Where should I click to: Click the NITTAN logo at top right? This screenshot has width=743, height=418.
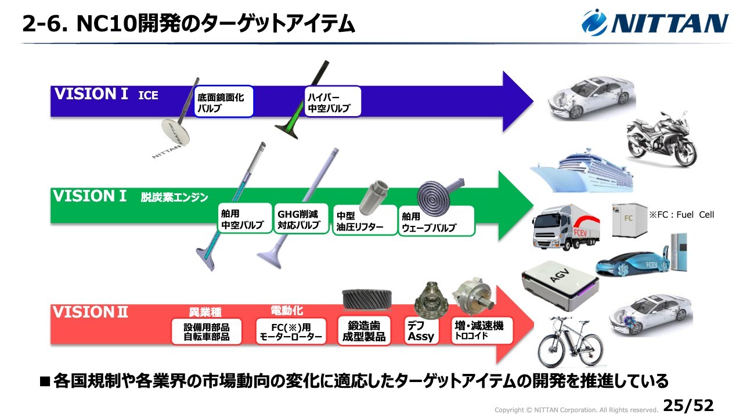point(655,22)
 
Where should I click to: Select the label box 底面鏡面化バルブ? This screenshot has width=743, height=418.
point(223,102)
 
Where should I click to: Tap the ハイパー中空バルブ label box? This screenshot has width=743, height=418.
point(333,102)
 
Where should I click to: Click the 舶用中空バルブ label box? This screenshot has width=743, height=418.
point(245,219)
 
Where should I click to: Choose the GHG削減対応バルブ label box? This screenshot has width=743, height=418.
point(301,219)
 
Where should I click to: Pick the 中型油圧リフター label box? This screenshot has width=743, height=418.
point(365,220)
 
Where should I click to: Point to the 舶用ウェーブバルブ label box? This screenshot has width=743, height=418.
point(437,221)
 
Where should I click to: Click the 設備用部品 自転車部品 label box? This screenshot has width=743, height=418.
point(206,331)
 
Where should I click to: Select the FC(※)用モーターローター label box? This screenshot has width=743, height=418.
point(291,331)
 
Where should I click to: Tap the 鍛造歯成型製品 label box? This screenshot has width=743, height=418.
point(364,331)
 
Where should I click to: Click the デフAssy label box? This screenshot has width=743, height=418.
point(421,331)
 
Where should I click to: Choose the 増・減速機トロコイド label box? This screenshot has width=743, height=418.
point(482,331)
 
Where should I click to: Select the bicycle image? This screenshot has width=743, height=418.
point(571,343)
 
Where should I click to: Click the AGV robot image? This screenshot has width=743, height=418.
point(561,286)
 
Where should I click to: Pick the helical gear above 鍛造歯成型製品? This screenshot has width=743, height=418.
point(367,298)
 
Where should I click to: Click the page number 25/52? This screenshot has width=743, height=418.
point(688,405)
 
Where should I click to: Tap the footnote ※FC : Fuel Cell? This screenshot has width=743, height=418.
point(681,215)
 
